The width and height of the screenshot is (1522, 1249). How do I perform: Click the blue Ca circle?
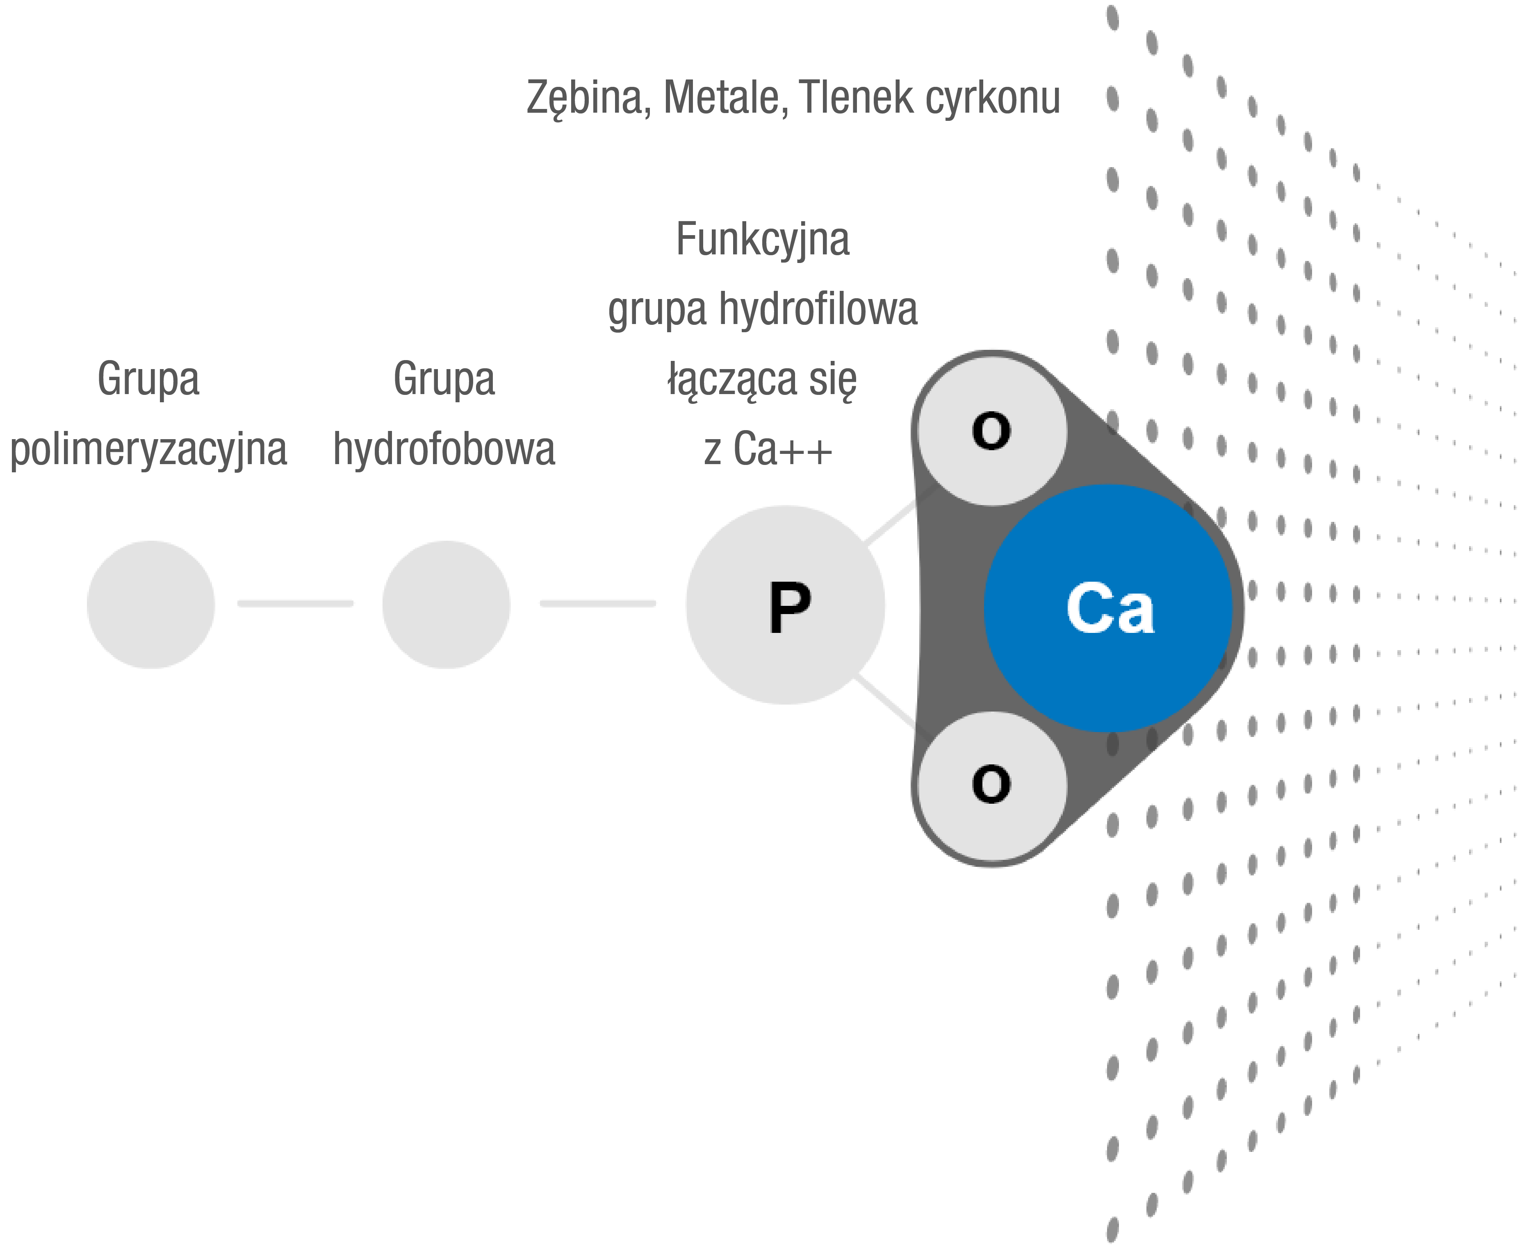[x=1109, y=608]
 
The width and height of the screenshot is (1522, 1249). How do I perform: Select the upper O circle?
[x=992, y=430]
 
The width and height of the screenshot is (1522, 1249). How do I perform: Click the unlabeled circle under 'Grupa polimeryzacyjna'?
[x=151, y=604]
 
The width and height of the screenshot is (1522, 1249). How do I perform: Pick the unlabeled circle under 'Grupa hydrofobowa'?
[x=447, y=604]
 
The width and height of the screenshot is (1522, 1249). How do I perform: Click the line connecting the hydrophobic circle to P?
[x=597, y=603]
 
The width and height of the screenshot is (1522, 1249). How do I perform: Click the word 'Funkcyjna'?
[x=763, y=240]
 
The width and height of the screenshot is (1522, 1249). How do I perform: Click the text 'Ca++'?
[x=783, y=450]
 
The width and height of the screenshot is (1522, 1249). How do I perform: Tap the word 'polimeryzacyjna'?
[x=148, y=450]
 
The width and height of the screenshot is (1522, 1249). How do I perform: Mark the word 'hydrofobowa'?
[x=444, y=450]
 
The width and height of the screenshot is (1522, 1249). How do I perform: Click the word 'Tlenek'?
[x=857, y=97]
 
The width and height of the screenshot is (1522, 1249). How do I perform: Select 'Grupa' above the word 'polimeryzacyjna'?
[x=148, y=379]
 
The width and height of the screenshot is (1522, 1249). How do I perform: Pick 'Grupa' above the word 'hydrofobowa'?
[x=444, y=379]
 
